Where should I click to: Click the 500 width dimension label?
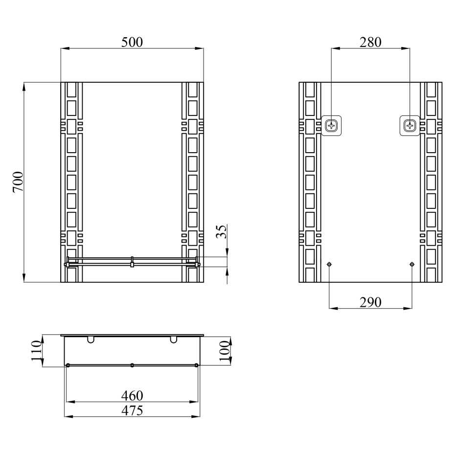(132, 43)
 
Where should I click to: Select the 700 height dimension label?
(18, 182)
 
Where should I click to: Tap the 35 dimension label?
(222, 231)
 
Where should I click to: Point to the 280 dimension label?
(370, 43)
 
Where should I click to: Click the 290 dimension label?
(370, 302)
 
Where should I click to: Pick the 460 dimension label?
(132, 395)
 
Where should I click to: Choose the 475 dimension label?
(132, 410)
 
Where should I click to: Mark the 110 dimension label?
(37, 351)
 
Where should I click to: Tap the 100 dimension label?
(224, 351)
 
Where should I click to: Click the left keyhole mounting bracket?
(331, 126)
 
